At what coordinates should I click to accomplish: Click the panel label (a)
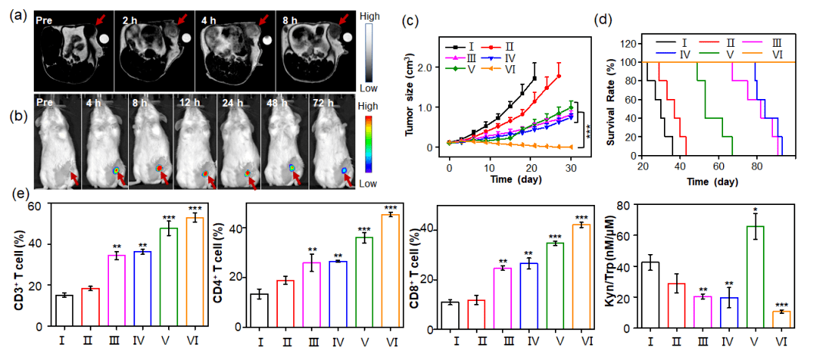pyautogui.click(x=14, y=14)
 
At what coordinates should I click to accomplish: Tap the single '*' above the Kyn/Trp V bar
pyautogui.click(x=758, y=209)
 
